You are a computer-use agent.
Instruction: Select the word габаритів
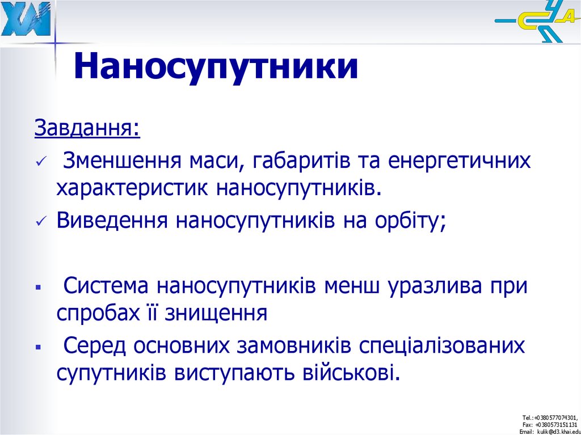[x=290, y=161]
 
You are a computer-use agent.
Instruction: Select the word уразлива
[x=436, y=285]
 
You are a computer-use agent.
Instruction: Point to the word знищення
[x=216, y=312]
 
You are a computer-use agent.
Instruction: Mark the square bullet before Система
[x=39, y=287]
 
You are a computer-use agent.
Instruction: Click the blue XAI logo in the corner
[x=26, y=20]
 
